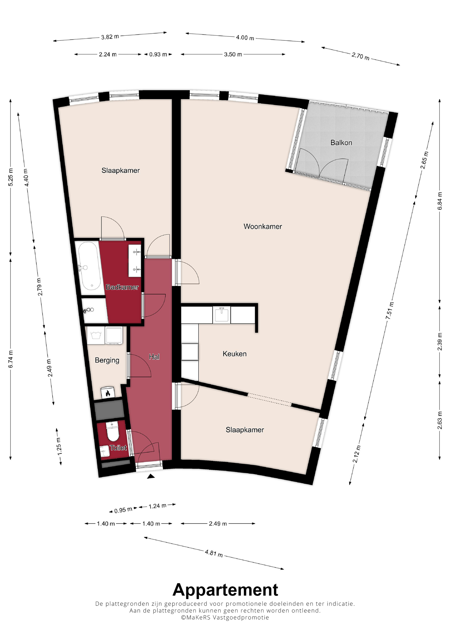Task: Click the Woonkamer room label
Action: click(x=263, y=226)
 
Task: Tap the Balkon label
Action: click(x=341, y=143)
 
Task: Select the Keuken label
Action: click(x=235, y=354)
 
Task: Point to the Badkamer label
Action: click(x=122, y=287)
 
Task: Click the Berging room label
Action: click(x=107, y=360)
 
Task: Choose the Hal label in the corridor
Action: click(x=154, y=357)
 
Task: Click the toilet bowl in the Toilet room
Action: click(x=112, y=432)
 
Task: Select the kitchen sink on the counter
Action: click(x=222, y=315)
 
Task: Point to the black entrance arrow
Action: click(x=151, y=476)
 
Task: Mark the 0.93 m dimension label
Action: click(x=158, y=54)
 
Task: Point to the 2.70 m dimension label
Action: click(x=360, y=56)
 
